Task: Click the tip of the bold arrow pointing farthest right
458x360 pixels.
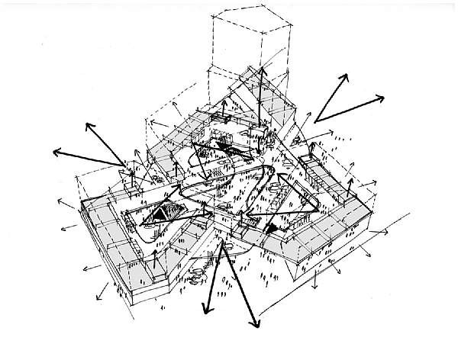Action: coord(384,95)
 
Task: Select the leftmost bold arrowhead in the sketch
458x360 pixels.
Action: coord(53,151)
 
